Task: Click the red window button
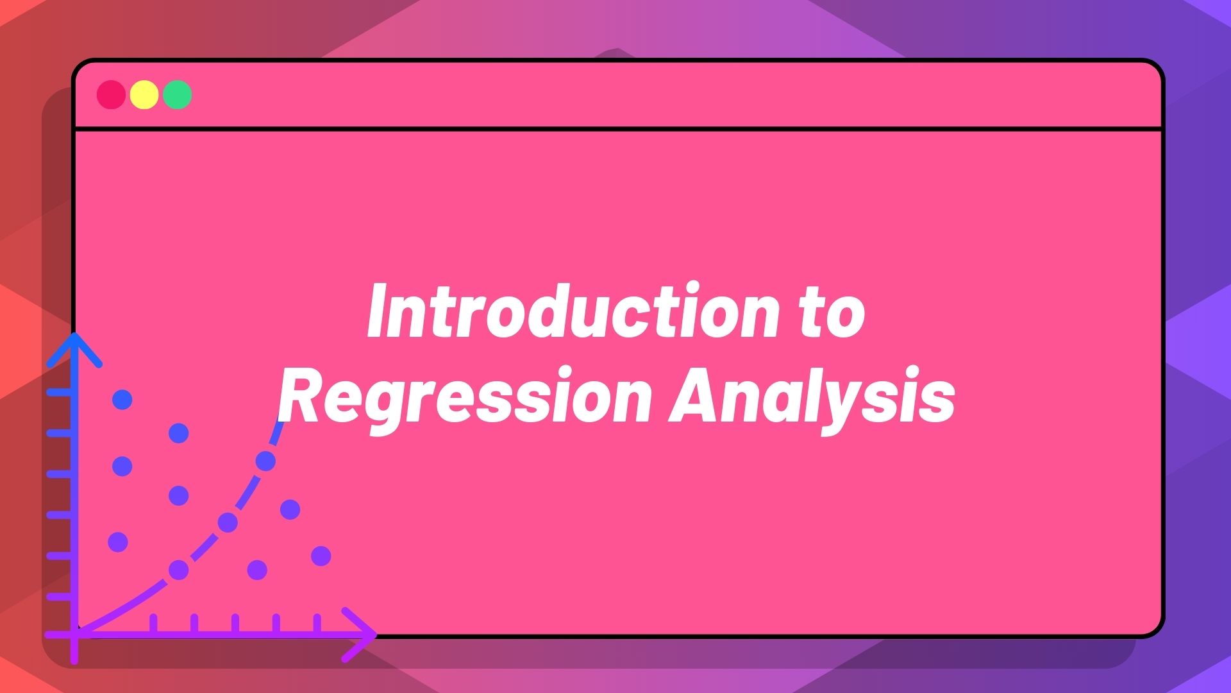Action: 111,95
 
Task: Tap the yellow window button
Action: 144,95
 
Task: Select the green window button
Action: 178,95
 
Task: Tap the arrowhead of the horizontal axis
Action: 362,634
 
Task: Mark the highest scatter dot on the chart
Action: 122,400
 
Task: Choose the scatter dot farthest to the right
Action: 321,556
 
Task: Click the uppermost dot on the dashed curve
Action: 265,461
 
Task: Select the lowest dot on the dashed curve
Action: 178,570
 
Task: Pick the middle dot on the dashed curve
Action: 228,523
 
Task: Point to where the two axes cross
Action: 75,634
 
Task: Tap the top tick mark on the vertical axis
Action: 60,392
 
